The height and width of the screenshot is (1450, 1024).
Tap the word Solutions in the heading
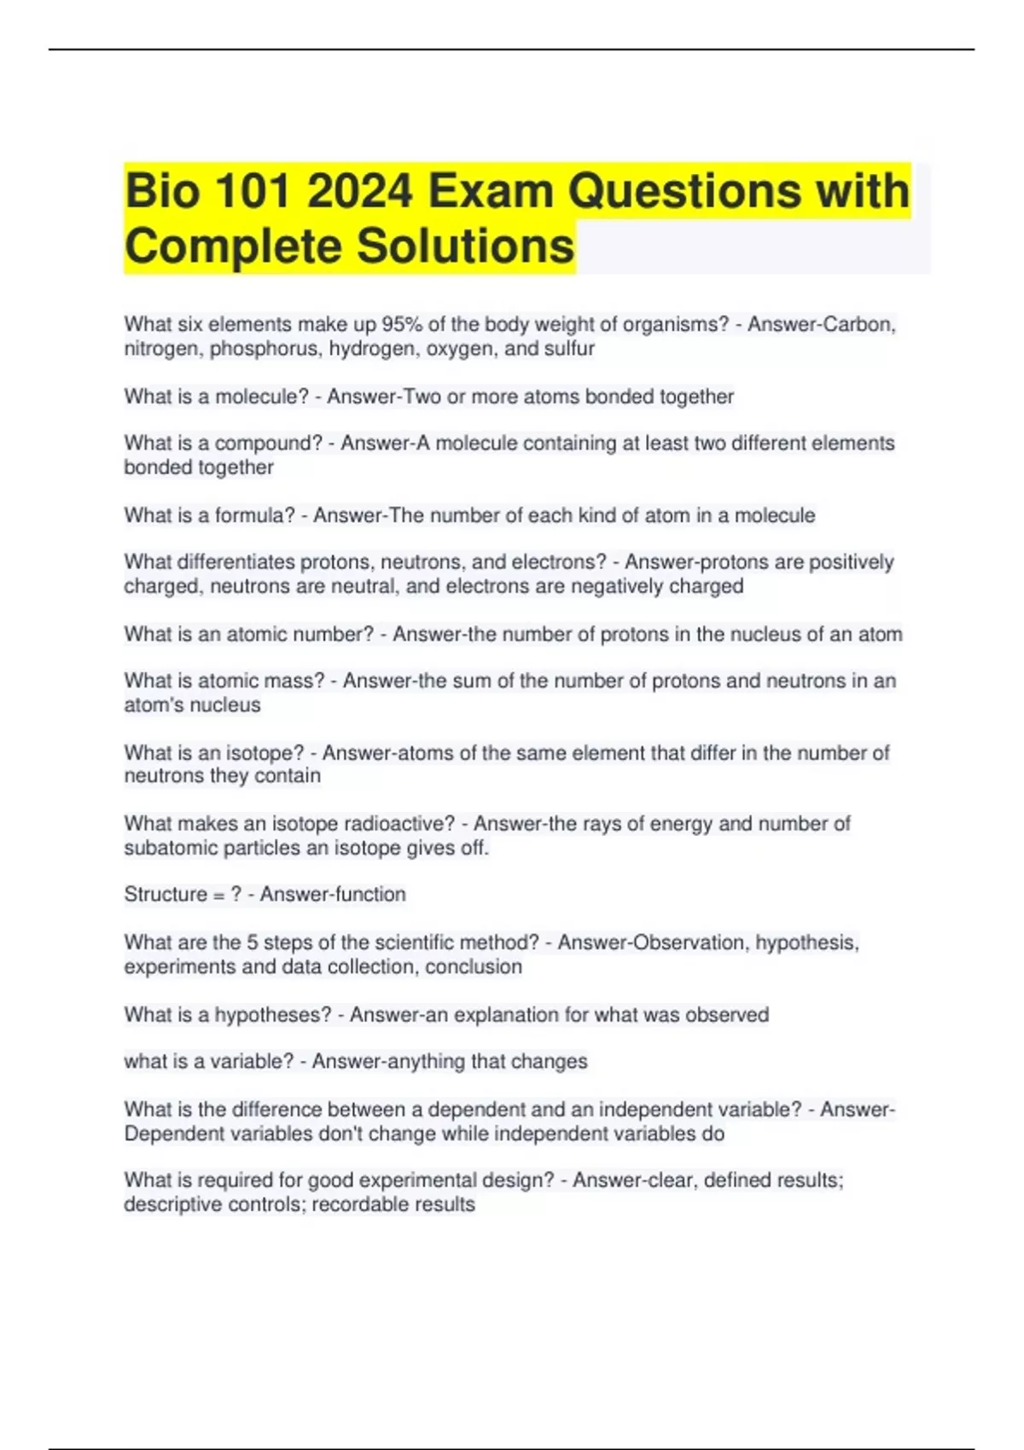click(465, 246)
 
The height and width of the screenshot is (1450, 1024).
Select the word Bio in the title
click(162, 190)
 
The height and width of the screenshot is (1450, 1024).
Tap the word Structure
click(166, 895)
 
